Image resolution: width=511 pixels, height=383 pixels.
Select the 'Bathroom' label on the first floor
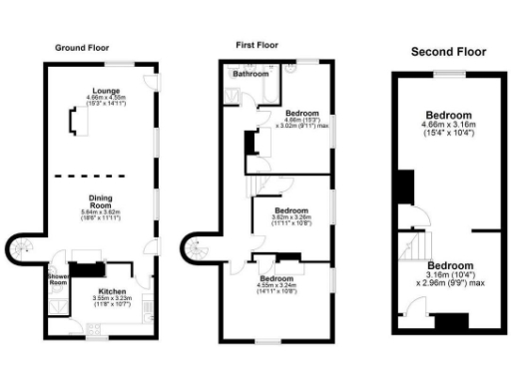[x=251, y=74]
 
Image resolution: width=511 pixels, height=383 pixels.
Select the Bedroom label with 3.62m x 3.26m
[x=290, y=210]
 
